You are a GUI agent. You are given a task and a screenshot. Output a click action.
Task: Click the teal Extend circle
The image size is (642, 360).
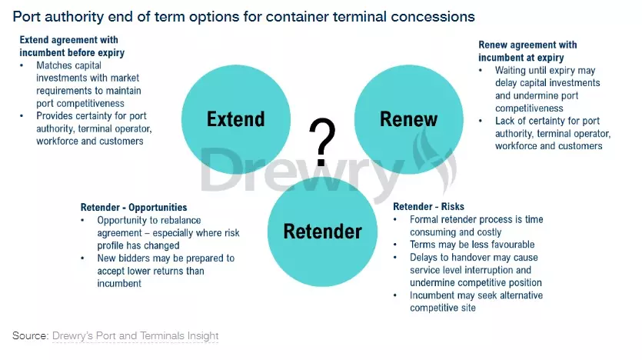click(x=236, y=119)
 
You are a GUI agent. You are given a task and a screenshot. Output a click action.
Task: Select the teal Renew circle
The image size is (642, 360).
click(x=408, y=119)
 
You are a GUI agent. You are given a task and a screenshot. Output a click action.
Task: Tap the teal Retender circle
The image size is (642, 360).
click(x=323, y=232)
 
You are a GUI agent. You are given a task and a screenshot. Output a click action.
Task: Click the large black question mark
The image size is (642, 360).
click(x=322, y=142)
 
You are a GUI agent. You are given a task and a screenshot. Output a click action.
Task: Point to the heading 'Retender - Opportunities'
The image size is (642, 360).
click(x=134, y=207)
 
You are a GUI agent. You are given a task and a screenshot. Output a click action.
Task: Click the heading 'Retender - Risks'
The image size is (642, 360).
click(x=429, y=206)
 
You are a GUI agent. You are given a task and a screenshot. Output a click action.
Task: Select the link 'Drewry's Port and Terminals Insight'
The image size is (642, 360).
click(x=135, y=336)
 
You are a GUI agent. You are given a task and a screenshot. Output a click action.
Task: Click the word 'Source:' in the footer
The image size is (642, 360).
click(x=31, y=336)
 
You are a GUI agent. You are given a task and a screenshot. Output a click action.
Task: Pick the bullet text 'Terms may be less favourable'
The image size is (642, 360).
click(x=472, y=245)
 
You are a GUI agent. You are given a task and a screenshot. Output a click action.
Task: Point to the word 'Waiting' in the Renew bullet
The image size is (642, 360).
click(x=511, y=71)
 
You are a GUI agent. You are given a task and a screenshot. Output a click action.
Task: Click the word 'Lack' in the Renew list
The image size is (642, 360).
click(x=504, y=122)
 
